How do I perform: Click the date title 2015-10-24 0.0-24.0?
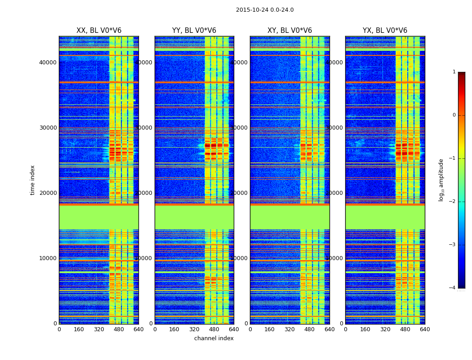(265, 10)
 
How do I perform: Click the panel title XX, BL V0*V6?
(99, 31)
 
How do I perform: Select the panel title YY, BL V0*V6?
(194, 31)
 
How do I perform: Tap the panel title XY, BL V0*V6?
(289, 31)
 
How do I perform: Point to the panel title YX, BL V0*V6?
(385, 31)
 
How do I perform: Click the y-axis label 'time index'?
(32, 180)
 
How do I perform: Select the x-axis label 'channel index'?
(214, 338)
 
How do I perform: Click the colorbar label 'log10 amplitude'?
(441, 180)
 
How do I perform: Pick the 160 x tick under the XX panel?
(79, 329)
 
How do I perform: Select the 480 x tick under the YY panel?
(214, 329)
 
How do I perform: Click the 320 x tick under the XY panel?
(289, 329)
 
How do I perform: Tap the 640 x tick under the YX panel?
(424, 329)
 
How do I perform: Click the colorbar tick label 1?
(454, 72)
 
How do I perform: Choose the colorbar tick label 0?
(454, 115)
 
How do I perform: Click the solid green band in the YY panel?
(194, 217)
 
